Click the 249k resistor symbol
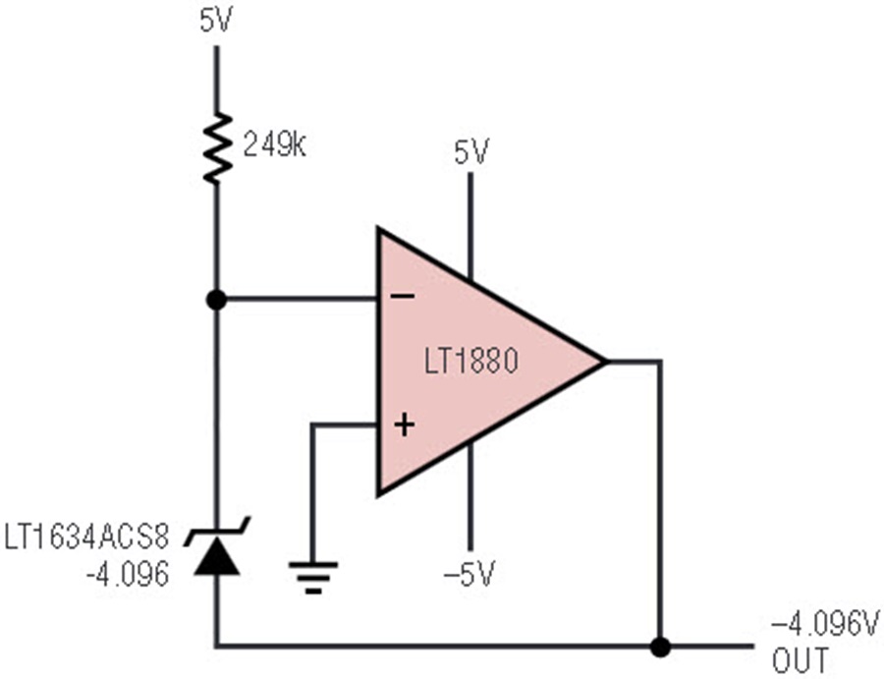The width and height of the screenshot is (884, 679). pos(217,147)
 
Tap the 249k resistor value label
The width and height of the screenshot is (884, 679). pos(275,145)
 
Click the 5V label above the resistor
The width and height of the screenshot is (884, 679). pos(216,22)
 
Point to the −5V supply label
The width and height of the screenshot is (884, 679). pos(470,574)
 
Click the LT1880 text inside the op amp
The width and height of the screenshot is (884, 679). pos(470,361)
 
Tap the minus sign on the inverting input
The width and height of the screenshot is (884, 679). pos(403,296)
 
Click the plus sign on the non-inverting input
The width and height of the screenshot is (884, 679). pos(405,424)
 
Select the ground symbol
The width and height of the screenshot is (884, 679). pos(313,577)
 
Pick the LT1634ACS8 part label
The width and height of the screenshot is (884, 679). pos(86,537)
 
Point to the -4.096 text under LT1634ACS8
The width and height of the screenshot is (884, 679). pos(128,574)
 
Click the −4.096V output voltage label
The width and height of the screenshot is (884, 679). pos(825,626)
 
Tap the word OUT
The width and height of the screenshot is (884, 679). pos(801,660)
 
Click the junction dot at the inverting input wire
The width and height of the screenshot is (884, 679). pos(216,300)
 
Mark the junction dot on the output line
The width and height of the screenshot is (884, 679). pos(660,647)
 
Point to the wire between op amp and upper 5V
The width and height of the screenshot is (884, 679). pos(470,226)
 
